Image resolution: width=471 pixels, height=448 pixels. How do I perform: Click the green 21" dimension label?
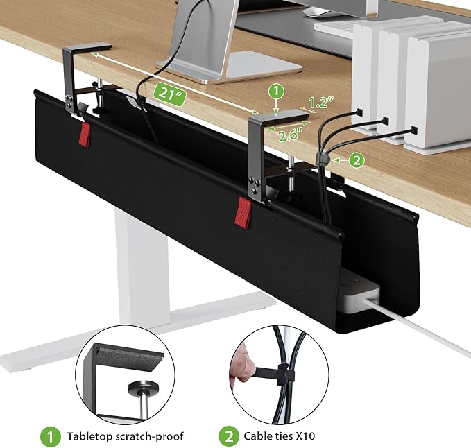[x=169, y=93]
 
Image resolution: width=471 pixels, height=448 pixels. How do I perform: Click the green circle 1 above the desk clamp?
[x=275, y=91]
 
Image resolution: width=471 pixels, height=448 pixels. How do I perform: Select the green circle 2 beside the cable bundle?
[x=355, y=160]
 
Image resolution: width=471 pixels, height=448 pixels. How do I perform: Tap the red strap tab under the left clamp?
[x=85, y=134]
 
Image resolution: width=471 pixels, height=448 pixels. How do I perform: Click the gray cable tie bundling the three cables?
[x=320, y=160]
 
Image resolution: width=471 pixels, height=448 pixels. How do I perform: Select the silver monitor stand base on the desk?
[x=230, y=67]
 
